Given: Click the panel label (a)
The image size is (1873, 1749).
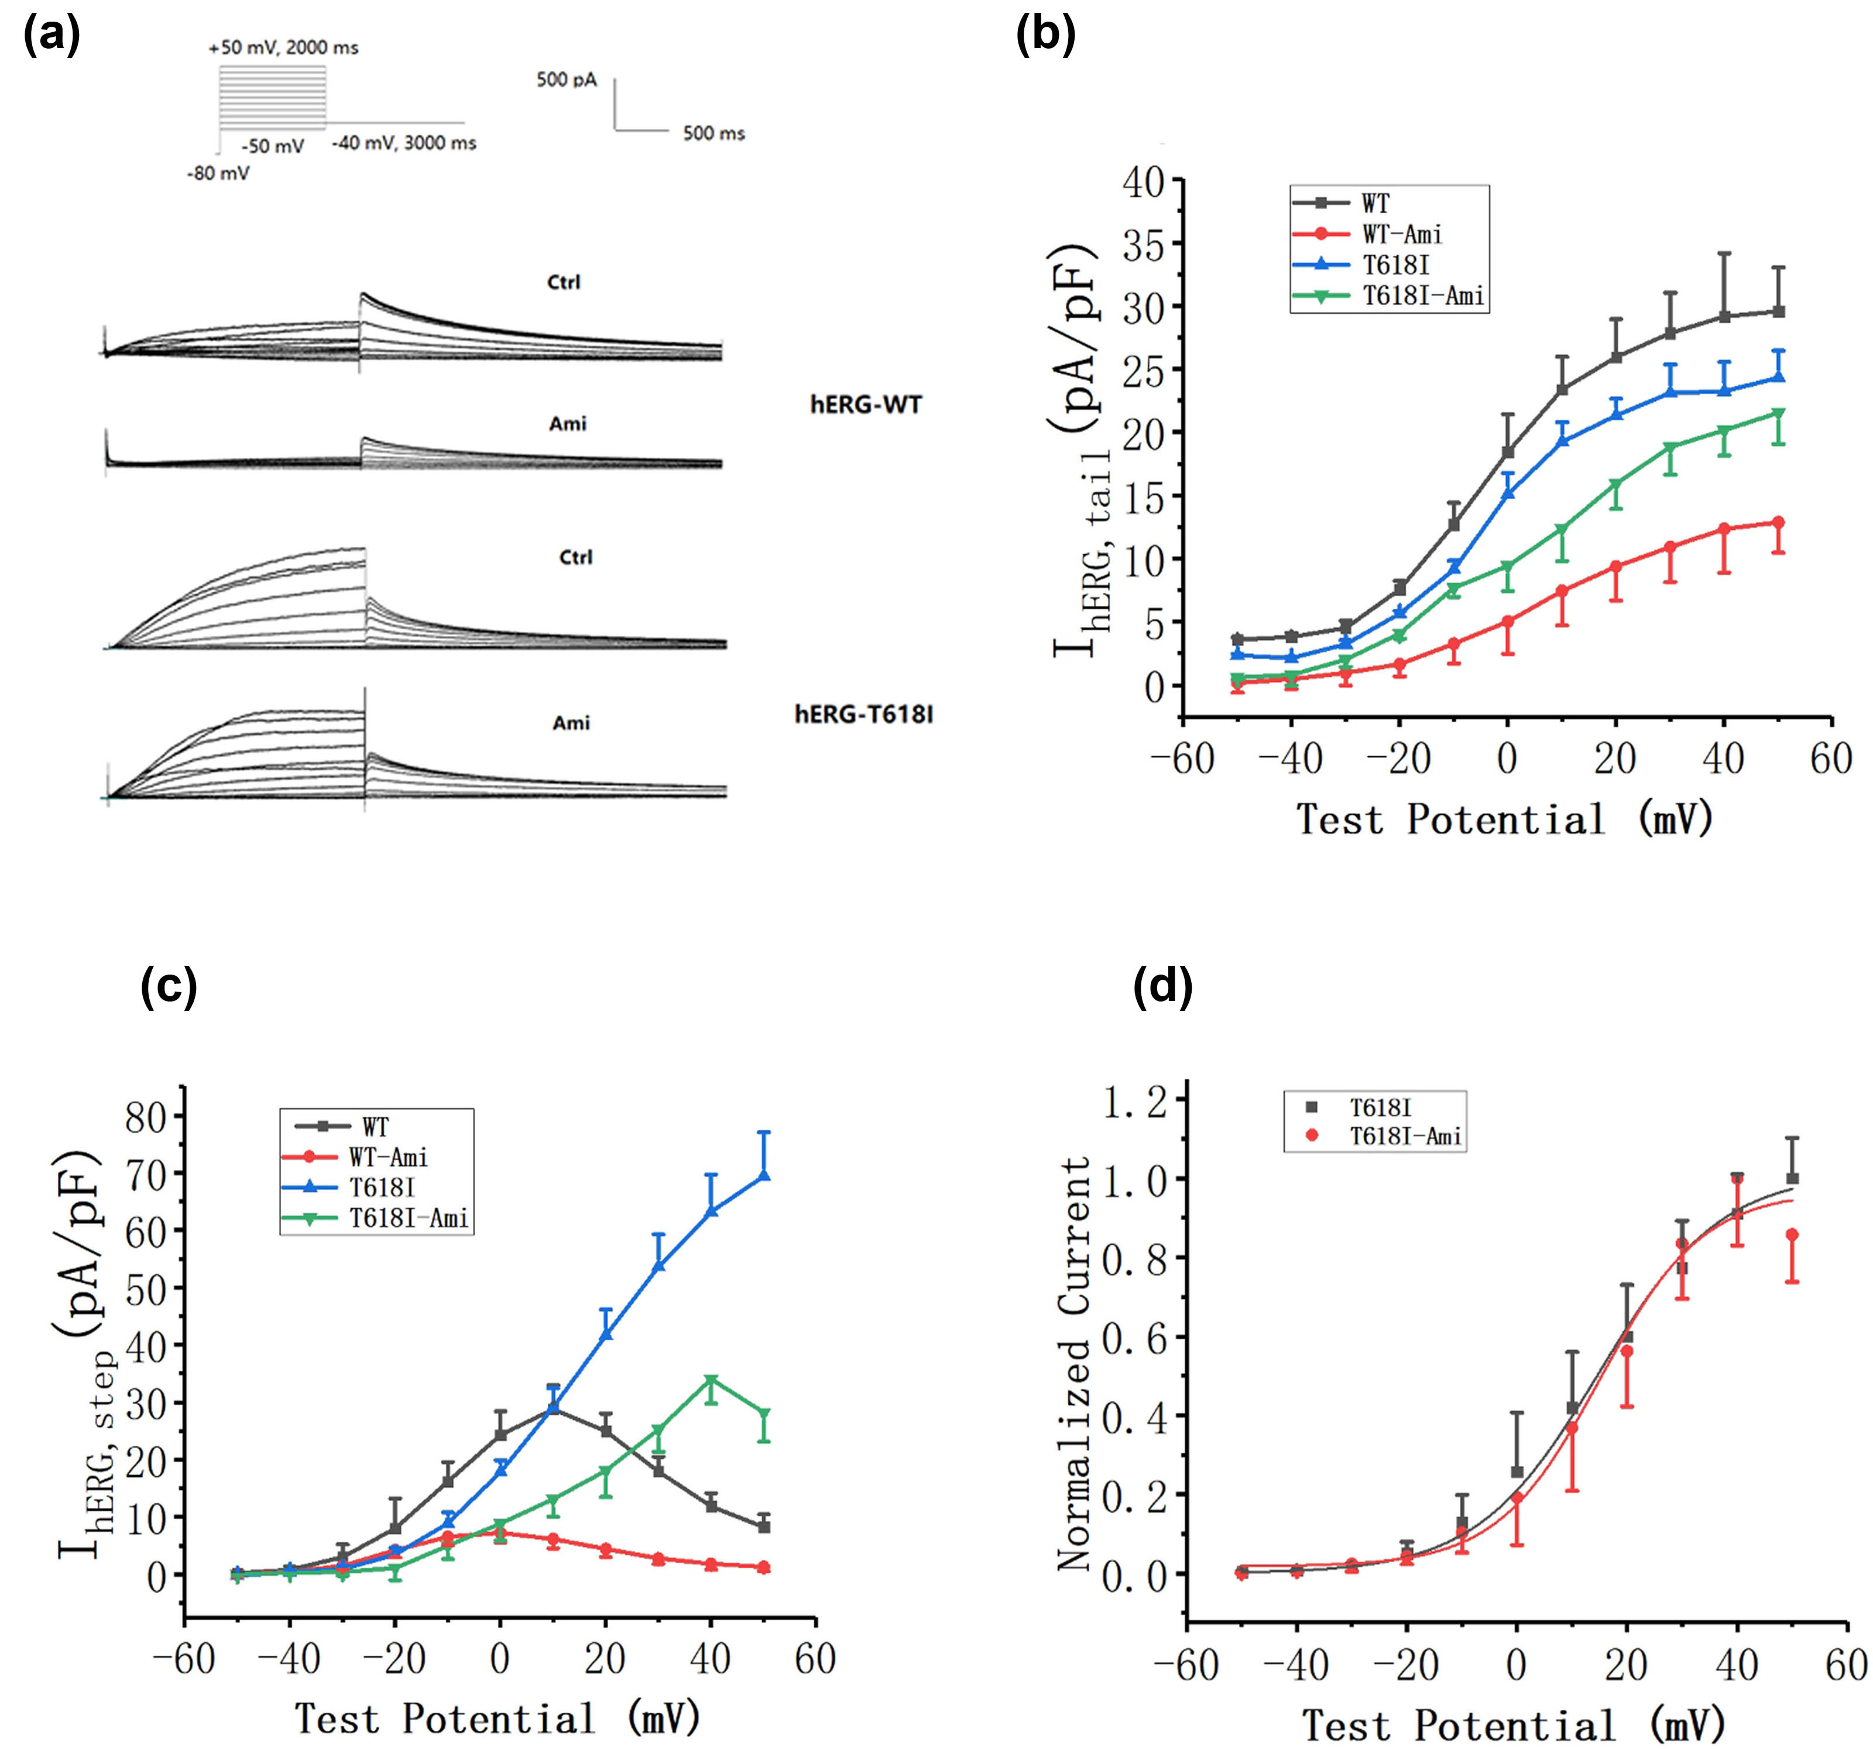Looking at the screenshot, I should click(x=52, y=36).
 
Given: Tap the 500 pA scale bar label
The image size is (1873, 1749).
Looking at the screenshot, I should click(x=566, y=80).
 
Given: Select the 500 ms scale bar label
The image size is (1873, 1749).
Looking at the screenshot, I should click(x=713, y=134).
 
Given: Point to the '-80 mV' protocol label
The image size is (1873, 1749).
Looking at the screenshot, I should click(x=218, y=173).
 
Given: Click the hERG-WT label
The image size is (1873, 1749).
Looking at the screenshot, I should click(x=865, y=405).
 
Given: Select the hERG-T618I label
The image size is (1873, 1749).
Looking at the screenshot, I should click(x=863, y=715).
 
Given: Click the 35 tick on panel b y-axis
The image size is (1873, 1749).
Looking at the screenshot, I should click(x=1142, y=244).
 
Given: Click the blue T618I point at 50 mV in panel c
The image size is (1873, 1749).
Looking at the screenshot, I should click(x=764, y=1175).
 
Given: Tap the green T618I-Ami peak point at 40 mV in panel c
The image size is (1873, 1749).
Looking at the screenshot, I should click(x=711, y=1381).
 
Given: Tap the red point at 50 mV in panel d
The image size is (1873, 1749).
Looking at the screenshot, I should click(x=1792, y=1234).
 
